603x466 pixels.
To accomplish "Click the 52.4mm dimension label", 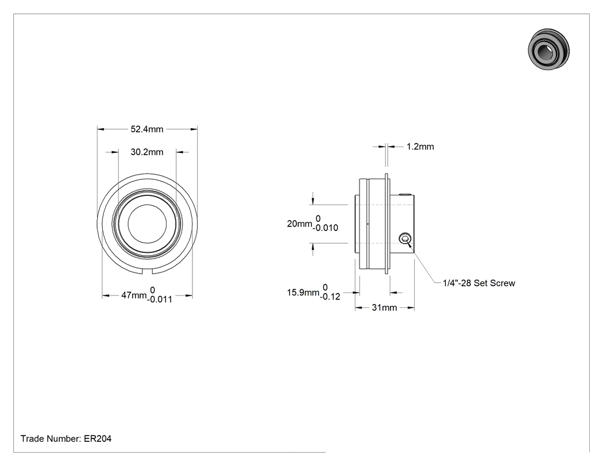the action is [x=147, y=129].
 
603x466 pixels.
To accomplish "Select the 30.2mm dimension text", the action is [x=147, y=152].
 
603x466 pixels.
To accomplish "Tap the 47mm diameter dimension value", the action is [x=134, y=295].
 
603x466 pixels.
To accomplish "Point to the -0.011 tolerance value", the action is [x=160, y=299].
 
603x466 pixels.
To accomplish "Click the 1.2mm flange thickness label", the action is [x=420, y=147].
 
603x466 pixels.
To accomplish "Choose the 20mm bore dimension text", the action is [x=300, y=224].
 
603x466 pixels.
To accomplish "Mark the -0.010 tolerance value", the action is [x=326, y=228].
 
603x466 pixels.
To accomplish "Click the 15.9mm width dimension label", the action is [x=303, y=292].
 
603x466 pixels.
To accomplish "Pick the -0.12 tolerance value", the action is [x=330, y=296].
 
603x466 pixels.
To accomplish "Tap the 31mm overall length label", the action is [x=384, y=308].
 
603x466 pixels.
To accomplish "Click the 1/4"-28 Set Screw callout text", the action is [x=479, y=283].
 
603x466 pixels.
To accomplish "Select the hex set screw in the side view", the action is [x=404, y=238].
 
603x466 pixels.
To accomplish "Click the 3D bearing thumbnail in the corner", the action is [x=549, y=49].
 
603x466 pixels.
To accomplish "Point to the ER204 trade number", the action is [x=98, y=438].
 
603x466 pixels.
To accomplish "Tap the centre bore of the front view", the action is [x=147, y=224].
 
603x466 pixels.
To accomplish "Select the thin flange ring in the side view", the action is [x=387, y=224].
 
